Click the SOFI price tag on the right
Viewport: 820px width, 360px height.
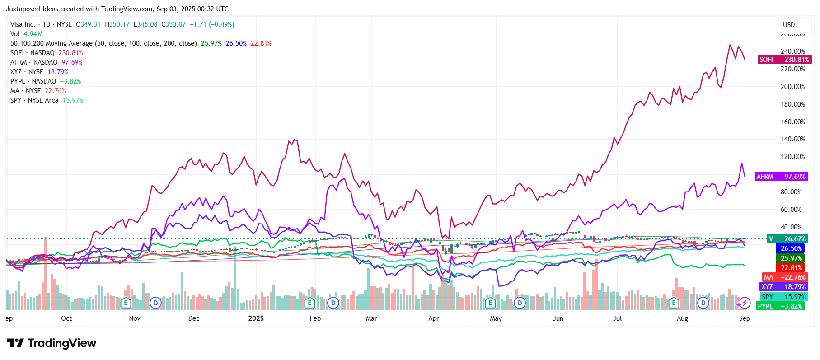point(784,60)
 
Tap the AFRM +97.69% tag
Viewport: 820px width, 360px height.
point(782,177)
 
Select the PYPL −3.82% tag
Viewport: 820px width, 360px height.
point(780,306)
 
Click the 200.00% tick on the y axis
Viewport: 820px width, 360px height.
point(792,87)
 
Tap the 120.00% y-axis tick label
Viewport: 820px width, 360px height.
point(792,157)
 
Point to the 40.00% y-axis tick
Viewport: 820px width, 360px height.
point(791,227)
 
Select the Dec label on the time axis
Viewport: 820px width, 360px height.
point(194,318)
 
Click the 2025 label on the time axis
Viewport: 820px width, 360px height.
point(256,318)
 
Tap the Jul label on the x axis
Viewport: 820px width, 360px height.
point(617,318)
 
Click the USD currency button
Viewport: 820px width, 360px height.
point(789,25)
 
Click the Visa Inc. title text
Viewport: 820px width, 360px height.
point(23,24)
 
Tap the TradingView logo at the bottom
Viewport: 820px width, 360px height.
point(52,343)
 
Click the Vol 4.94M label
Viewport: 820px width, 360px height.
point(27,34)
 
